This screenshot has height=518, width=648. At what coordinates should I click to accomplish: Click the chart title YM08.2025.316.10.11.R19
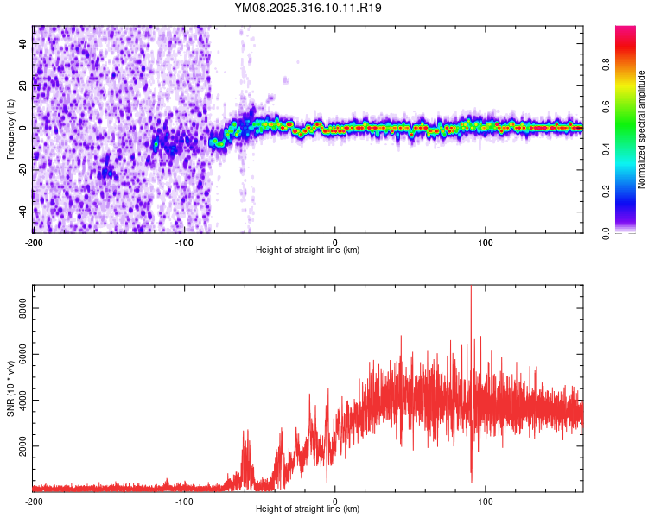(308, 8)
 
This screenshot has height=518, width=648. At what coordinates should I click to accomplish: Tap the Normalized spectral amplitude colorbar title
(642, 129)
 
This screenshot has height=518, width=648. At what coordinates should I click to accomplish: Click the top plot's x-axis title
(308, 250)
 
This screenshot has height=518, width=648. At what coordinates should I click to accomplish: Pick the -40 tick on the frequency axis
(22, 211)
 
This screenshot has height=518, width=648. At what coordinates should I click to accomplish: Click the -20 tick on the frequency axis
(22, 169)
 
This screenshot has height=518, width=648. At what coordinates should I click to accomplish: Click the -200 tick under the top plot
(33, 242)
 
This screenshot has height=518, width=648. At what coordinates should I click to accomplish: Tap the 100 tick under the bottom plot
(486, 501)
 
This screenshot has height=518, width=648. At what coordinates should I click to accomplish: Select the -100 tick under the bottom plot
(184, 501)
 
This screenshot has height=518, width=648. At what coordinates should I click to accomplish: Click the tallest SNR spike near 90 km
(471, 290)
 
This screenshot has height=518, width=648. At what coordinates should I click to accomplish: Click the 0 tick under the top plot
(335, 242)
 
